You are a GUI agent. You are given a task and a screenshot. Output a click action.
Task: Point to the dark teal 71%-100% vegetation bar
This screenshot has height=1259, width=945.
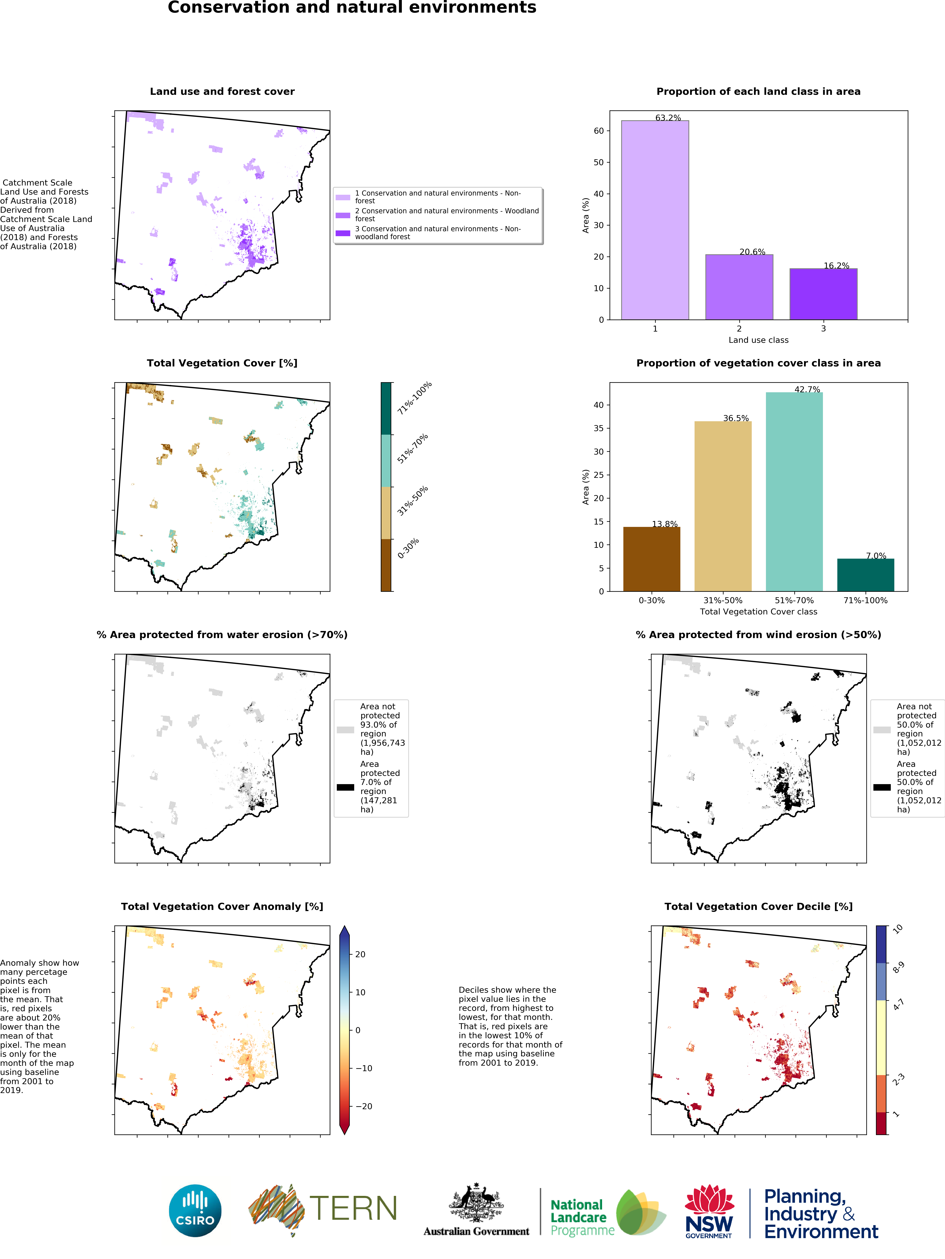(865, 575)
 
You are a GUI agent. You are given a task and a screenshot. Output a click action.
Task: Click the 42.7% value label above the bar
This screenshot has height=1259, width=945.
(807, 389)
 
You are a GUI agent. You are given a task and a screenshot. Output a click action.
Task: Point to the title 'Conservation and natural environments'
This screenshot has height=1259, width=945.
(352, 8)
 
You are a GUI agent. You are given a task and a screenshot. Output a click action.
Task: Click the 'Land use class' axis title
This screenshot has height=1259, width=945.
(758, 340)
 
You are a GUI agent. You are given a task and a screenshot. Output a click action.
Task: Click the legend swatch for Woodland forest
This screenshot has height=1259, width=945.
(343, 215)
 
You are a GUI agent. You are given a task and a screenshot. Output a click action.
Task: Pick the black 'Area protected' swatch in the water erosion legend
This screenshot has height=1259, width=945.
(345, 787)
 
